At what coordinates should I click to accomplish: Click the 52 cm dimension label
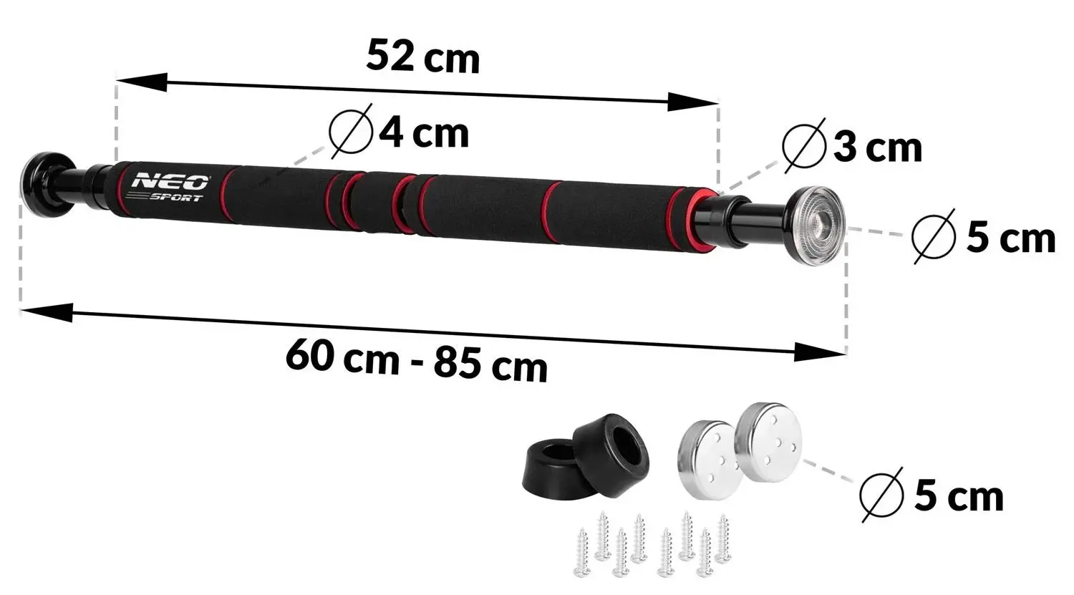(x=422, y=57)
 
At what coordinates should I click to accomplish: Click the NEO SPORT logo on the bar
(x=169, y=188)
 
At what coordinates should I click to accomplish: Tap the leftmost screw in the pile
(x=583, y=553)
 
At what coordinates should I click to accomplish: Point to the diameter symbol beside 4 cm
(x=352, y=132)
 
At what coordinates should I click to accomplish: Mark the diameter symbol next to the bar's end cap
(x=935, y=236)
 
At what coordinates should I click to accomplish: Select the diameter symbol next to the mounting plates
(x=882, y=494)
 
